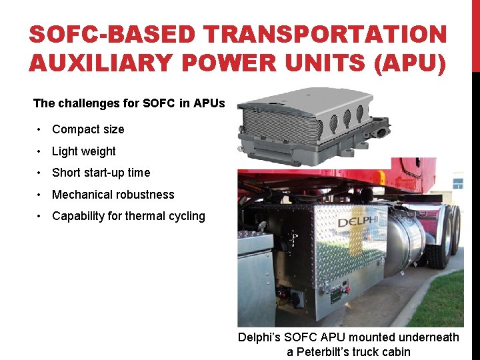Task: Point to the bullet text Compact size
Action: coord(88,129)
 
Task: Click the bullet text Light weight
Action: coord(84,151)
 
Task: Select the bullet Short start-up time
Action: coord(101,173)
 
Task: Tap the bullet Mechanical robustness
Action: coord(113,195)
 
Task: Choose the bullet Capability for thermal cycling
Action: coord(129,216)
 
